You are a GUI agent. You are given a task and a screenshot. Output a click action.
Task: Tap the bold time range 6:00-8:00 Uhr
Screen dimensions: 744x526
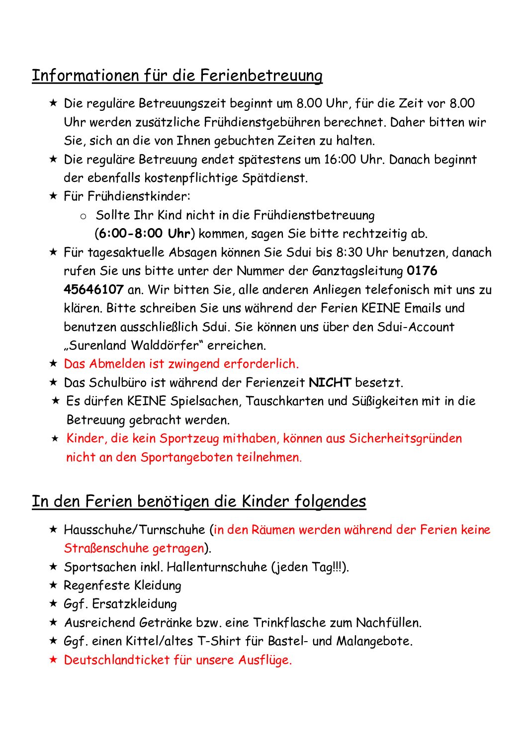(x=145, y=234)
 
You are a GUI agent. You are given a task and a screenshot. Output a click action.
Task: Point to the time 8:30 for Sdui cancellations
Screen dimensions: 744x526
(x=349, y=252)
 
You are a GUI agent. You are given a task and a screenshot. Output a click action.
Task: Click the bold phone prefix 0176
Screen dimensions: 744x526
(x=422, y=271)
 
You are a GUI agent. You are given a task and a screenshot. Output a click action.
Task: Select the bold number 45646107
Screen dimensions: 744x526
(x=93, y=290)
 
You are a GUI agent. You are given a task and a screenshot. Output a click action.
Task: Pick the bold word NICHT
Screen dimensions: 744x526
(x=330, y=383)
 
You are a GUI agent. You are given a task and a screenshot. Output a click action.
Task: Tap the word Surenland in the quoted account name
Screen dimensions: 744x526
(x=99, y=345)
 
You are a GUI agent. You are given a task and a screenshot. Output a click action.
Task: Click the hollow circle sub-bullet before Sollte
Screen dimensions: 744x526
(x=83, y=216)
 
